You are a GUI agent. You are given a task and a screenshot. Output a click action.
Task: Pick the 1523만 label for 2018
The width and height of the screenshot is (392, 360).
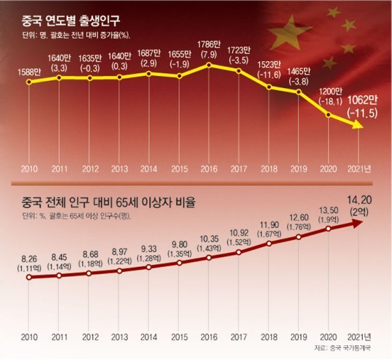tap(269, 64)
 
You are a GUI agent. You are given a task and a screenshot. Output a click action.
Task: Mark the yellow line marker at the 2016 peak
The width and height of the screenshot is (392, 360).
tap(209, 66)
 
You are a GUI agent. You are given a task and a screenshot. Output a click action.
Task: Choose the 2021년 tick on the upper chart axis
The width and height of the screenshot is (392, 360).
tap(359, 167)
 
